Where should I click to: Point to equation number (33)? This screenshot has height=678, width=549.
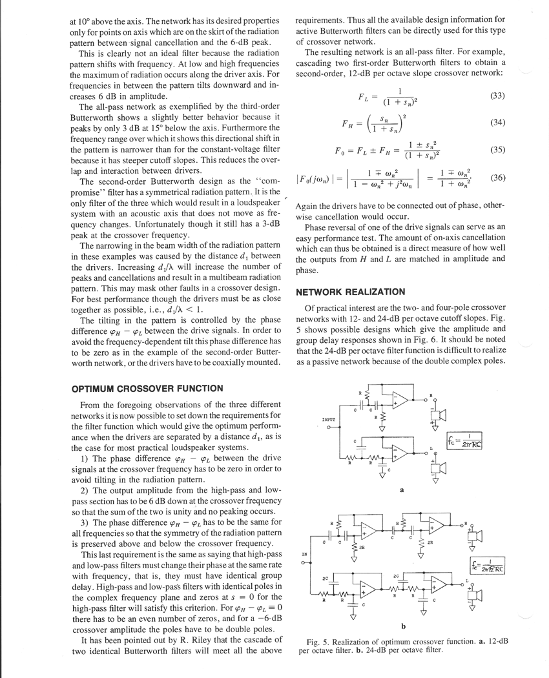497,96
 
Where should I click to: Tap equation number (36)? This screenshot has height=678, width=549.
497,177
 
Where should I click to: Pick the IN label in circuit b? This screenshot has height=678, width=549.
305,554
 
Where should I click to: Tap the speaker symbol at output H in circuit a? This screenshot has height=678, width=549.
442,415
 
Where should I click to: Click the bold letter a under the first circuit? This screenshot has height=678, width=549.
402,490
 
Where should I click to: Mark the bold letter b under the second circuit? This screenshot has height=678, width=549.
402,625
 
